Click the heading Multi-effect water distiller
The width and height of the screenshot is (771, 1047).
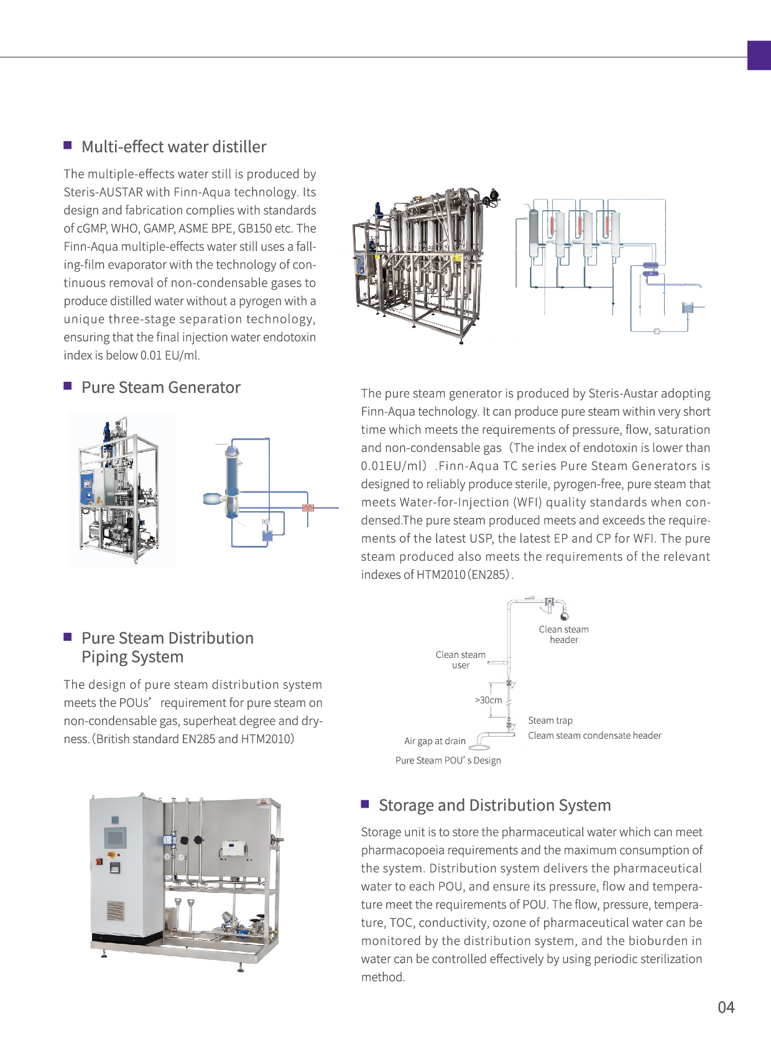point(173,147)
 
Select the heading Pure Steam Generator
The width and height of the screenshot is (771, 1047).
point(160,387)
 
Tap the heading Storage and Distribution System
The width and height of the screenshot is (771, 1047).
point(494,805)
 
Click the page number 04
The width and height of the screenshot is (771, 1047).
point(726,1007)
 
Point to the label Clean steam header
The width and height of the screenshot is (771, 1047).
point(564,635)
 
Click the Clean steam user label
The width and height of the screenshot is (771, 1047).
point(461,660)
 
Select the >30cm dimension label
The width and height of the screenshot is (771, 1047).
point(489,700)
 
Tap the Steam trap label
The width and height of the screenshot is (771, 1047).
point(550,721)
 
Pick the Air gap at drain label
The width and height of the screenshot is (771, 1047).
point(435,741)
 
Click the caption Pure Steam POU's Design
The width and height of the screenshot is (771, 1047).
point(448,760)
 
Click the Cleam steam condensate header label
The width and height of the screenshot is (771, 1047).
point(594,736)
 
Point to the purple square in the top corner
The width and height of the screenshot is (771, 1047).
point(759,55)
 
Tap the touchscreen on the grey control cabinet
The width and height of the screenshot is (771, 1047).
point(115,837)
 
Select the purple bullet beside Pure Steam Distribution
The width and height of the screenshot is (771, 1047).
point(68,637)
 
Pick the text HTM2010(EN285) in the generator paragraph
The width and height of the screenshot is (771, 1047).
point(463,574)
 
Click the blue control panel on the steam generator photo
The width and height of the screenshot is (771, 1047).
point(88,487)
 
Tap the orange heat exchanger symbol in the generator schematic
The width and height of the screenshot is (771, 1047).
point(308,507)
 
